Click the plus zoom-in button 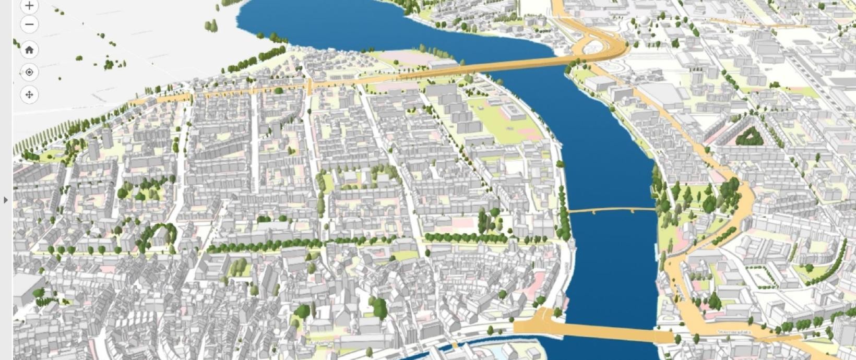pos(29,6)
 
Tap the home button pos(29,50)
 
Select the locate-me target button pos(29,72)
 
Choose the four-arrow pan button pos(29,94)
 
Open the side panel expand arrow pos(6,200)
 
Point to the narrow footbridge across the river pos(611,210)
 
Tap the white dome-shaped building pos(646,20)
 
